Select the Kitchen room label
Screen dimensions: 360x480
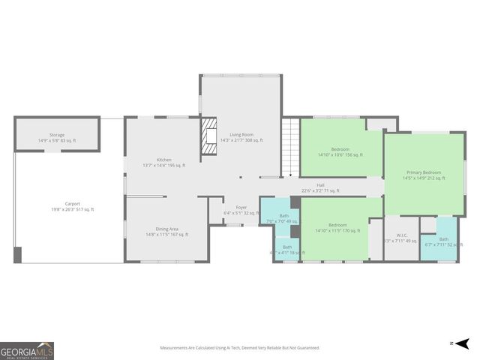click(163, 162)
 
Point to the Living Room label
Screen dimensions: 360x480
click(236, 137)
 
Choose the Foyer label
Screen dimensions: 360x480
click(241, 210)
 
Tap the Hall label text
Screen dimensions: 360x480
click(320, 187)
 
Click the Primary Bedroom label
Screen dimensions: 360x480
click(424, 175)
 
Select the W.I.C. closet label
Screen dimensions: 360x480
click(401, 238)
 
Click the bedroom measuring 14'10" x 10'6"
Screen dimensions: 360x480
click(340, 152)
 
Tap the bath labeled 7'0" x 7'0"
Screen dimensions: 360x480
click(283, 218)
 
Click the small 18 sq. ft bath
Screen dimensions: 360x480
click(287, 249)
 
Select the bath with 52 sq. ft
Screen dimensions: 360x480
click(444, 241)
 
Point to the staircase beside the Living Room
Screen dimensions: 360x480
click(291, 147)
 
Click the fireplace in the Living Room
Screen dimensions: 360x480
click(208, 138)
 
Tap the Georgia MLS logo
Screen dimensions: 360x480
click(27, 351)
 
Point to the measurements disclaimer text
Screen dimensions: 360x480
click(239, 348)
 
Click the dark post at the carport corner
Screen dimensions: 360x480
click(18, 254)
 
